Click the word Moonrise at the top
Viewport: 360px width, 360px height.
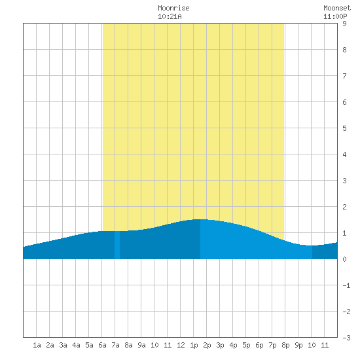173,8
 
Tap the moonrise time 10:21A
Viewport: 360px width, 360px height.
170,16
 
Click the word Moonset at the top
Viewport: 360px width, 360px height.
337,8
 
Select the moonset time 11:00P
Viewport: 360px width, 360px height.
335,16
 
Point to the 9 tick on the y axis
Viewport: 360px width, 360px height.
344,24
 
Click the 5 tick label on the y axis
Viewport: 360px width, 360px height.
344,128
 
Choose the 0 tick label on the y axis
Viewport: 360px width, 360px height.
344,259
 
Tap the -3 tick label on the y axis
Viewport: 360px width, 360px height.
346,338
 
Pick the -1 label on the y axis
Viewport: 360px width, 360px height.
346,285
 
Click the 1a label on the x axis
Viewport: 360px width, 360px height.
37,345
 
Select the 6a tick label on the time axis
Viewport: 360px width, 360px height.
102,345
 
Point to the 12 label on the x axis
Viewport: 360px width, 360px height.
181,345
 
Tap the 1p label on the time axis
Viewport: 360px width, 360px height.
194,345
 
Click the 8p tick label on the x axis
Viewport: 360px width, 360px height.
285,345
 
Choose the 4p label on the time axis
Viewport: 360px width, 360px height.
233,345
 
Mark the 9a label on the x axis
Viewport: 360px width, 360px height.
141,345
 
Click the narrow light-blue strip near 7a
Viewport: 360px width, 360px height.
117,245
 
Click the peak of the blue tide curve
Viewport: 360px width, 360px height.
200,219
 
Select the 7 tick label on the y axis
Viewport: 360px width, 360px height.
344,76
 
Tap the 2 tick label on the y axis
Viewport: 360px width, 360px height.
344,207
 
